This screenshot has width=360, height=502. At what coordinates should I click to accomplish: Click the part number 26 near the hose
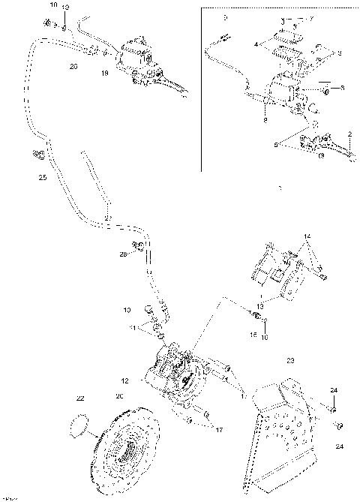pos(73,66)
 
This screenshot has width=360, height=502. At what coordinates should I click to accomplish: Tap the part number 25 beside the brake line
pos(42,178)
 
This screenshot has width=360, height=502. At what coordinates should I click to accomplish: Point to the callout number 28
pos(123,255)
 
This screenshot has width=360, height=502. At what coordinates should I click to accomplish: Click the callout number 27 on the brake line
pos(107,218)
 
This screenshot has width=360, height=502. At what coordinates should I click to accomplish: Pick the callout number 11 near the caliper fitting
pos(133,328)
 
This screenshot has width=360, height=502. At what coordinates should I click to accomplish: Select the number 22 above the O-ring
pos(80,398)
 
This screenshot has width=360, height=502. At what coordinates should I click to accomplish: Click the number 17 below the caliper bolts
pos(219,429)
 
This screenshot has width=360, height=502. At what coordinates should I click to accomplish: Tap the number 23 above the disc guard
pos(291,360)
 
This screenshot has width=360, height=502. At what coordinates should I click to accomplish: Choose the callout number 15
pos(253,335)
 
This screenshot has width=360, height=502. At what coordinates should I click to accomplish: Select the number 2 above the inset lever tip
pos(349,134)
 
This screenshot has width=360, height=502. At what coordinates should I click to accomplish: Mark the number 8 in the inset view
pos(265,119)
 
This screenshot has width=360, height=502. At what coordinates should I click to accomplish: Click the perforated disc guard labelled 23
pos(286,428)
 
